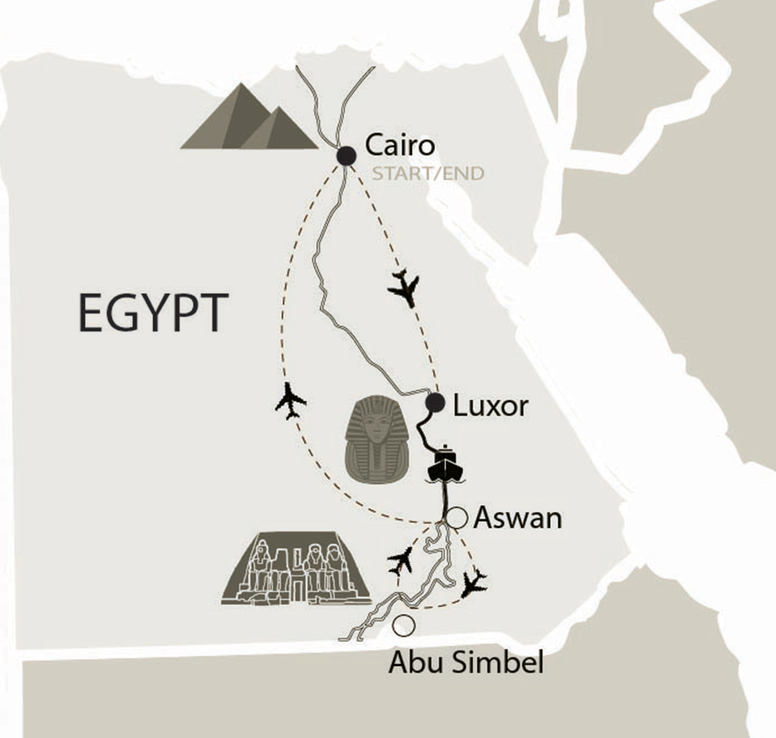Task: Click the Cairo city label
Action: click(400, 145)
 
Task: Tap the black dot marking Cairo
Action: click(346, 156)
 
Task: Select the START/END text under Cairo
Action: click(428, 174)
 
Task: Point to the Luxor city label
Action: click(490, 406)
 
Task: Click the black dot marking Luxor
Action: click(435, 402)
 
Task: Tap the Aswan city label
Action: click(517, 518)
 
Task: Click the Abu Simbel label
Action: click(466, 662)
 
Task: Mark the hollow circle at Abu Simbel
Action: click(403, 625)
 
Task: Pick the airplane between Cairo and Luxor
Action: click(404, 286)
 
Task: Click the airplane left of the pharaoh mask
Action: click(290, 400)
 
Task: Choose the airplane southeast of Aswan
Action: click(474, 582)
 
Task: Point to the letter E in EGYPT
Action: click(89, 313)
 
